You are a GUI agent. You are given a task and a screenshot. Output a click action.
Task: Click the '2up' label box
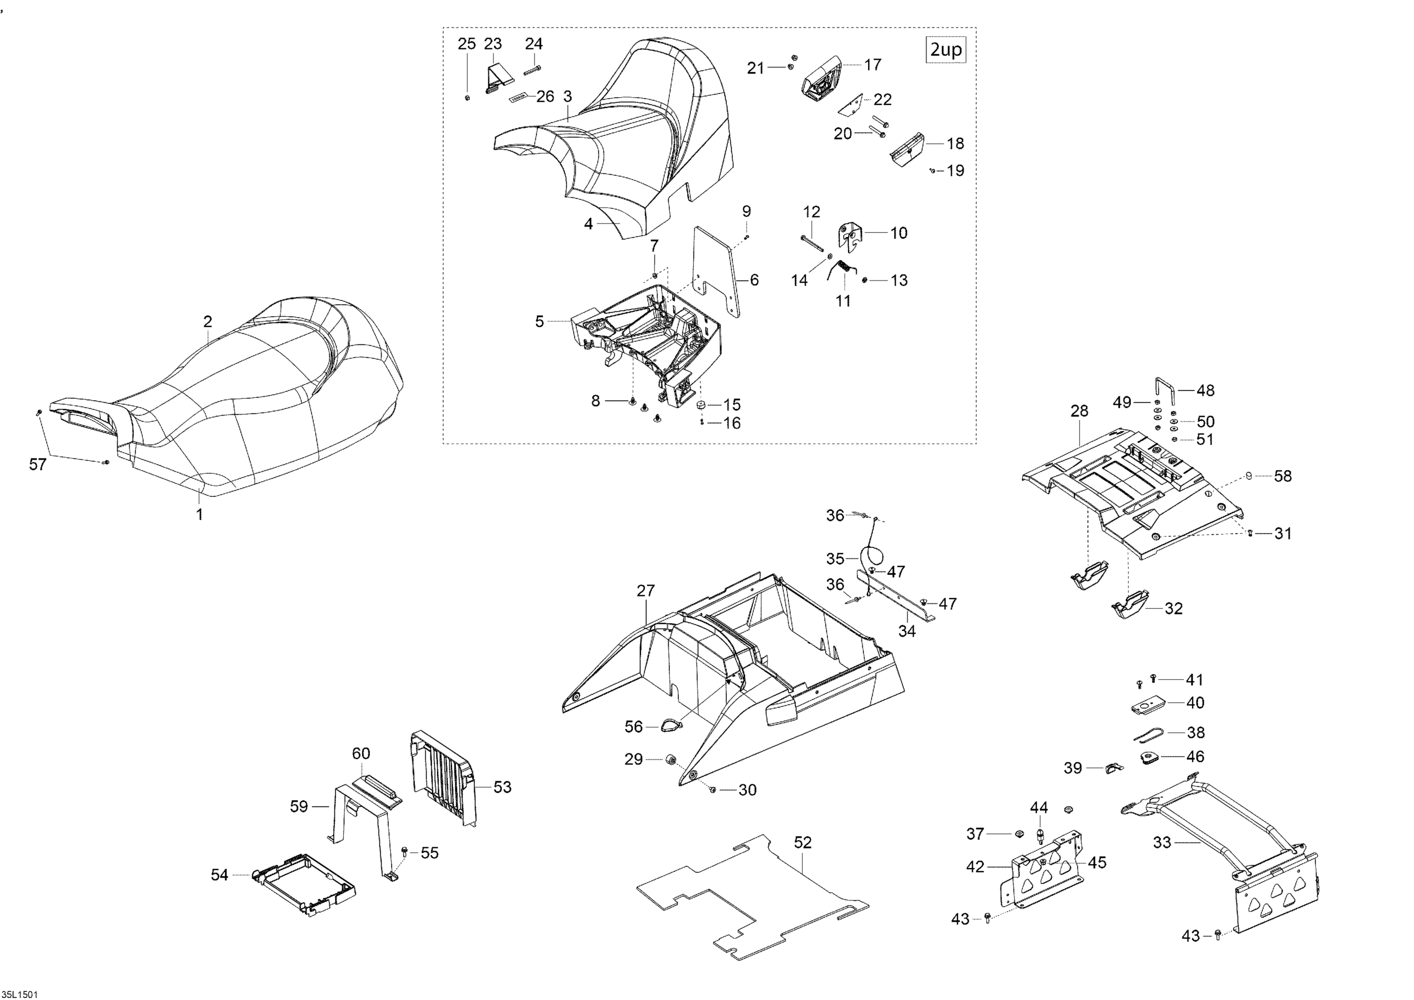(x=945, y=50)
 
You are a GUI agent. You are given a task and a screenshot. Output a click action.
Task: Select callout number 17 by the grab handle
(x=872, y=65)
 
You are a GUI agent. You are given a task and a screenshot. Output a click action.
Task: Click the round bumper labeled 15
(x=701, y=405)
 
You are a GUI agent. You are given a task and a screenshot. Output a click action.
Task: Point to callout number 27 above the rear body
(x=645, y=591)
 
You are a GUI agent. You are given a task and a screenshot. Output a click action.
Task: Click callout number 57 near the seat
(x=38, y=464)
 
